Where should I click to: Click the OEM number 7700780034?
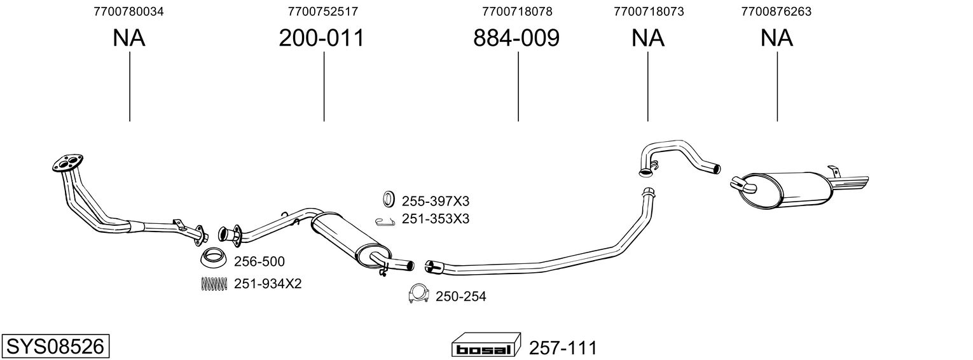128,11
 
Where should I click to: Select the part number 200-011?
321,38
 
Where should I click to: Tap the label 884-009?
516,38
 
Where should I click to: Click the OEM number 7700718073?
649,11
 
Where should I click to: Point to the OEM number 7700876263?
776,11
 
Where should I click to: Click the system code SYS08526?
55,347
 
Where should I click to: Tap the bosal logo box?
486,345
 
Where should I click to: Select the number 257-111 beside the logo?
563,349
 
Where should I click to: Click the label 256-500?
259,261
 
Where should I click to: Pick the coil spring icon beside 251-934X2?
214,284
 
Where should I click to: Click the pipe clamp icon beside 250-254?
418,294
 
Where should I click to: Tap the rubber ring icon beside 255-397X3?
389,198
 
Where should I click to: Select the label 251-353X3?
435,219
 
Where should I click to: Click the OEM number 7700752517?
322,11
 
